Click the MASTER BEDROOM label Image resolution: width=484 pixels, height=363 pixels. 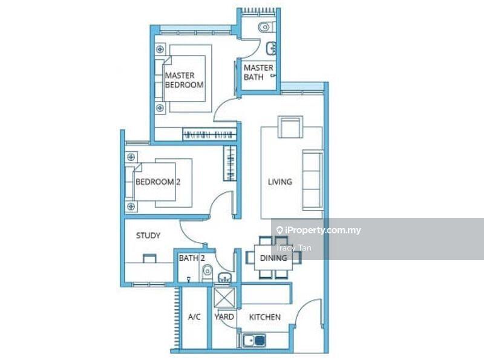(x=185, y=80)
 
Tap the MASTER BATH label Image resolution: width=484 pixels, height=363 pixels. (x=258, y=72)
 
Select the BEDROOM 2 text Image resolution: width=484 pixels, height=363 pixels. (x=158, y=182)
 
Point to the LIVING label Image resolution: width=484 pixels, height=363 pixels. (x=280, y=182)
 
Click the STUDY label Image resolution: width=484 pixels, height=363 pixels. (x=148, y=236)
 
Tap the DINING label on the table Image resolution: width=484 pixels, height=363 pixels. (x=273, y=258)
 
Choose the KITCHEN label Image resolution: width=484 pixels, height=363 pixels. (x=265, y=317)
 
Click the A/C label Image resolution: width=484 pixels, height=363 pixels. (x=194, y=316)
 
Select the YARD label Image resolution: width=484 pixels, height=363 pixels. (x=224, y=317)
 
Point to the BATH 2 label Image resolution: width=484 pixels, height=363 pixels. (x=192, y=258)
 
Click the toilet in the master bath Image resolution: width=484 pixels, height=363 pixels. (x=266, y=27)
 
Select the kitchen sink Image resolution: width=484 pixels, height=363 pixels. (x=254, y=340)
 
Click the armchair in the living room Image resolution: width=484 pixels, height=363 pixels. (x=290, y=127)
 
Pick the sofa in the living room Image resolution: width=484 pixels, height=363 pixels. (x=313, y=180)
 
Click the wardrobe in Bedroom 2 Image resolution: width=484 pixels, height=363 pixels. (x=230, y=163)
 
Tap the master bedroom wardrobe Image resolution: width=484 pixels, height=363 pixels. (x=209, y=134)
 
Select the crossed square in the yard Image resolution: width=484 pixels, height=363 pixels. (x=224, y=297)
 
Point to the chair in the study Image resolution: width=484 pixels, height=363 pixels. (x=149, y=258)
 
